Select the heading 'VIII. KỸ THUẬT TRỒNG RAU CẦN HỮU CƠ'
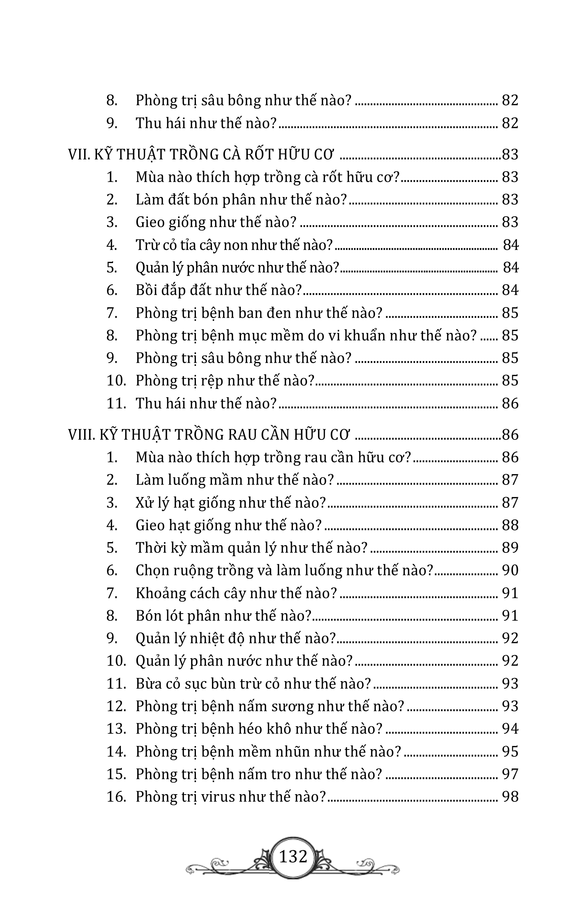point(209,435)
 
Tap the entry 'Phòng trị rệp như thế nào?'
point(225,381)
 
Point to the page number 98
point(510,797)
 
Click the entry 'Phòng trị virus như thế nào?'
point(230,797)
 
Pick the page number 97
point(510,774)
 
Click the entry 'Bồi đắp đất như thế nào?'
point(219,290)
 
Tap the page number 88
point(510,525)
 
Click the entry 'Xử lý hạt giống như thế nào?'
point(231,503)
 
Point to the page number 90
point(510,570)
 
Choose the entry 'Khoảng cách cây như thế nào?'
point(236,593)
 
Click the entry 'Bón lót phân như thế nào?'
point(223,616)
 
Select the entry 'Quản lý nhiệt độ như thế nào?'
point(236,638)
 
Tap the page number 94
point(510,729)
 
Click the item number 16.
point(116,797)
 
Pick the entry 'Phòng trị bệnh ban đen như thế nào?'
point(259,313)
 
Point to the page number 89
point(510,548)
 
